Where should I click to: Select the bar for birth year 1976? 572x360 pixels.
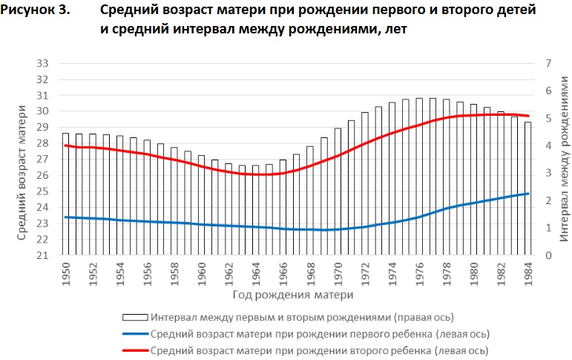419,177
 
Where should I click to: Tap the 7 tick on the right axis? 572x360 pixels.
548,63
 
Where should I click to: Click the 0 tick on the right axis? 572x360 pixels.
548,255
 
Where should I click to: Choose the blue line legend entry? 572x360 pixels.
319,334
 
